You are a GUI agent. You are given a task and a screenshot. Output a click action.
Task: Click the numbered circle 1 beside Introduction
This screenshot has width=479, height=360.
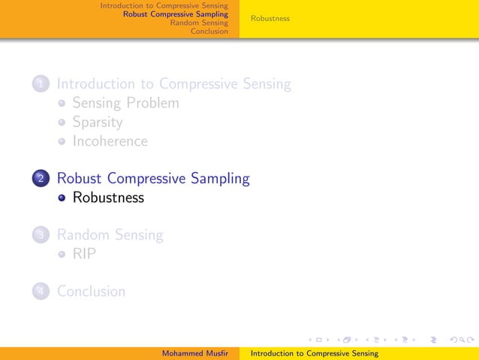coord(41,84)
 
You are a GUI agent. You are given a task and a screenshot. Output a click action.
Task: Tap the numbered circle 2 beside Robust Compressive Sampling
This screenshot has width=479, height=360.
coord(41,179)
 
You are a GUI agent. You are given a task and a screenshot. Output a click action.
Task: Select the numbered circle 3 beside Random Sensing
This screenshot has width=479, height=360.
coord(41,235)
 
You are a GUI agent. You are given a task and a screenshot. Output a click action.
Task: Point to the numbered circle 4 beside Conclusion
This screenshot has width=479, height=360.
coord(41,291)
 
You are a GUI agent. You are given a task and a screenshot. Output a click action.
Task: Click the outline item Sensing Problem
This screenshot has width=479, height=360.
coord(125,103)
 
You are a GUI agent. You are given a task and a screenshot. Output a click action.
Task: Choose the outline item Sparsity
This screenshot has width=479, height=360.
coord(97,122)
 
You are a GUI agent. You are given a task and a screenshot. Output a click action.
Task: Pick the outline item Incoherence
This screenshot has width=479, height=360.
coord(110,141)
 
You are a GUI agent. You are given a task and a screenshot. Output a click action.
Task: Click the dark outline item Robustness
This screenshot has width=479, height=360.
coord(108,198)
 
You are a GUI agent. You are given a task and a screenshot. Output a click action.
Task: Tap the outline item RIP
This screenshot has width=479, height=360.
coord(84,254)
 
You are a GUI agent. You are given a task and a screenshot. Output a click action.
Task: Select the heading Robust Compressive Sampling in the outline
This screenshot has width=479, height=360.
coord(153,179)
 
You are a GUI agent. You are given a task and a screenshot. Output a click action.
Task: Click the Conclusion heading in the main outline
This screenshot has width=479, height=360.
coord(91,291)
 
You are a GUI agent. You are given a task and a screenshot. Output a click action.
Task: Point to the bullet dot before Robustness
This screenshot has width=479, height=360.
coord(64,198)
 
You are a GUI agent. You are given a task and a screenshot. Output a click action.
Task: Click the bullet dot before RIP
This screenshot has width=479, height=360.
coord(64,254)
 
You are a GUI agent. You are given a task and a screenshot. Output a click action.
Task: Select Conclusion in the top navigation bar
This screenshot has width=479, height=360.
coord(209,32)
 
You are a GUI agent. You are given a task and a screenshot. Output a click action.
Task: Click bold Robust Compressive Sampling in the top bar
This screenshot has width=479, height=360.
coord(175,14)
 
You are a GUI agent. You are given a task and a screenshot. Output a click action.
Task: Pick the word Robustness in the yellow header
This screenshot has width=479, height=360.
coord(270,18)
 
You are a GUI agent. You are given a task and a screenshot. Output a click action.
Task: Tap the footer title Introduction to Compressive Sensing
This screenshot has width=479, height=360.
coord(314,353)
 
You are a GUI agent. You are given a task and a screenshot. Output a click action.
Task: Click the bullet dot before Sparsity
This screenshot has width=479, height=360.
coord(64,123)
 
